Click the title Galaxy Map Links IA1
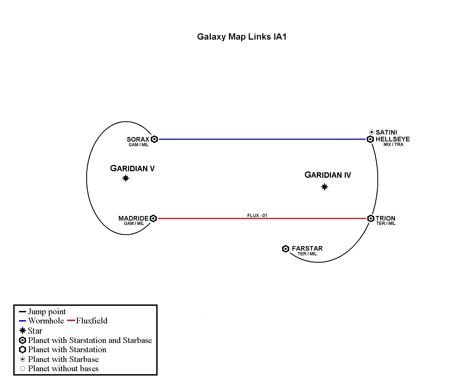click(242, 37)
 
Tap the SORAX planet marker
click(154, 139)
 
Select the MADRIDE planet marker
click(153, 218)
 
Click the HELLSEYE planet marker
click(370, 139)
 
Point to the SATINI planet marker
click(372, 132)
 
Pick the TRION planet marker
click(371, 218)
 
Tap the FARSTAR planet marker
click(286, 249)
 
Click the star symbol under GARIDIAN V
click(126, 178)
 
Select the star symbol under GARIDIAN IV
click(324, 187)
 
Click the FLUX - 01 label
click(257, 215)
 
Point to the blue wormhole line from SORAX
click(262, 139)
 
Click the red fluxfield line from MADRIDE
click(262, 218)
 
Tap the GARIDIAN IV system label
click(328, 175)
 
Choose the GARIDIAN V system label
click(132, 169)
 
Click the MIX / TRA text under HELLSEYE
click(393, 145)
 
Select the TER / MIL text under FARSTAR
click(307, 254)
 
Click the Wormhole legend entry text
click(46, 321)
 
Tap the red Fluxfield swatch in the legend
click(71, 321)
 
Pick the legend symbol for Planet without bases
click(23, 368)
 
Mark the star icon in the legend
click(23, 330)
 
